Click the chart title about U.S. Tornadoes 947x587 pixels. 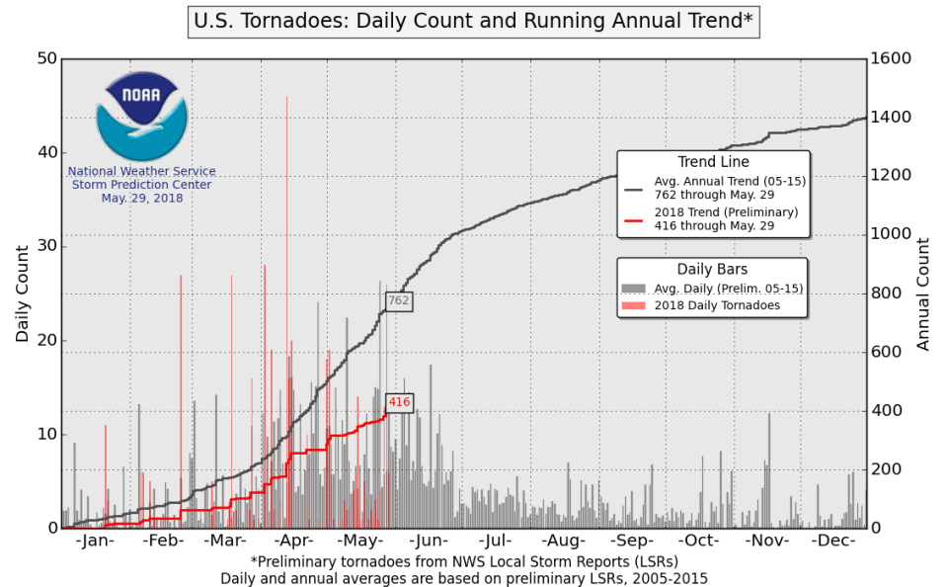point(473,21)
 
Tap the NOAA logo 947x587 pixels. point(141,117)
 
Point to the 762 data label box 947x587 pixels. point(398,300)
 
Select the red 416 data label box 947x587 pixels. point(399,401)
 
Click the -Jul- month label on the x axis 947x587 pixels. point(497,542)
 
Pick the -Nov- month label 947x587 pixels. point(766,542)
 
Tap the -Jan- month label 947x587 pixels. point(95,542)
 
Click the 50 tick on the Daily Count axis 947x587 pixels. point(44,58)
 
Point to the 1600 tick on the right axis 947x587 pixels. point(893,58)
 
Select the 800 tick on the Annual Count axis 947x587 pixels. point(889,293)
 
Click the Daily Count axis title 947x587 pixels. point(23,293)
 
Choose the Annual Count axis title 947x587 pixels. point(924,293)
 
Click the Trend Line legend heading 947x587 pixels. point(713,162)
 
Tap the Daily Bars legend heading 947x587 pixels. point(712,270)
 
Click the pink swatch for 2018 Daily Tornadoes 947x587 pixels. point(633,305)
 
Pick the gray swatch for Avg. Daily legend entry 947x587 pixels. point(633,289)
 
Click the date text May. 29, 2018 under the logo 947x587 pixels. point(141,199)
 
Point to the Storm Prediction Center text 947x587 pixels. point(141,185)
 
